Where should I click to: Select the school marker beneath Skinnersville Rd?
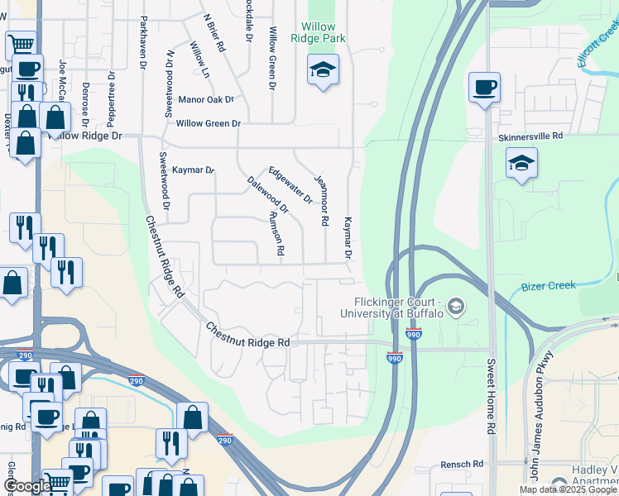click(521, 164)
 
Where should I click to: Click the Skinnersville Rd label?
click(530, 136)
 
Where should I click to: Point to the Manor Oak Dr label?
click(206, 100)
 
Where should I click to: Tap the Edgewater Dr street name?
click(290, 182)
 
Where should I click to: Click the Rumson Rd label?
click(276, 233)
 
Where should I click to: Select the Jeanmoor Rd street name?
click(324, 199)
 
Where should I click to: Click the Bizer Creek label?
click(548, 286)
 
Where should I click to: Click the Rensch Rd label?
click(461, 465)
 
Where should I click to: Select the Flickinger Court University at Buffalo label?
click(398, 308)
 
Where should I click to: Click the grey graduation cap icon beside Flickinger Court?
click(454, 308)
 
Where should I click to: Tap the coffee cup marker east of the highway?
click(484, 87)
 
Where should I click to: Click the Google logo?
click(26, 486)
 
